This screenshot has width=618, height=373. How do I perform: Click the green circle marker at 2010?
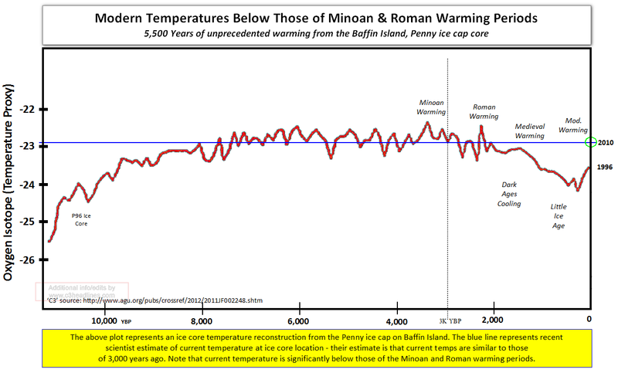click(591, 142)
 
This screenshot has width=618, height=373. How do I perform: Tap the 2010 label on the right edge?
click(606, 142)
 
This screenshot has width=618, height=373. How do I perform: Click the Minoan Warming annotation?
click(432, 107)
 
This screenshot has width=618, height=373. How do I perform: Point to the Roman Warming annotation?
click(484, 111)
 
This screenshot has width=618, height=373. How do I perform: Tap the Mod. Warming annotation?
click(573, 125)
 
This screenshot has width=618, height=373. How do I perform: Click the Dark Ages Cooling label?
click(510, 194)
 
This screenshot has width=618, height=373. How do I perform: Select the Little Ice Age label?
click(558, 216)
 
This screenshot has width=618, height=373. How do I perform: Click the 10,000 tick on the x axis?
click(104, 320)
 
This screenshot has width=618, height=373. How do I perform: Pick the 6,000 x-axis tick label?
click(298, 320)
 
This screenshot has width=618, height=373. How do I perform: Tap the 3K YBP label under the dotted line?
click(449, 320)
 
